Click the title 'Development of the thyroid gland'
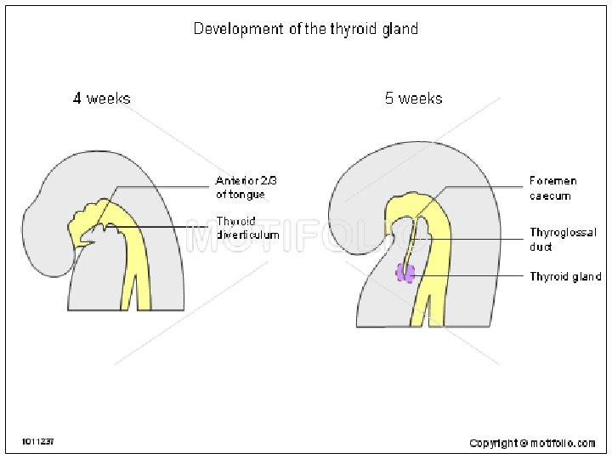[306, 29]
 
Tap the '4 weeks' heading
[102, 99]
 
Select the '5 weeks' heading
[413, 99]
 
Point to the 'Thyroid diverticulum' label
[247, 228]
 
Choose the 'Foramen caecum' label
[552, 189]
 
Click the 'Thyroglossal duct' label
[563, 240]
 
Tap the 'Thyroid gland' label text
[565, 277]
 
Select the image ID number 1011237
[38, 442]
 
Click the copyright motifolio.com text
[533, 443]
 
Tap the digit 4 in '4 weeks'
[77, 99]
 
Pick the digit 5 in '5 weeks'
[389, 99]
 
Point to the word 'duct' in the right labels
[541, 247]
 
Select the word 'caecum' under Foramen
[550, 196]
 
